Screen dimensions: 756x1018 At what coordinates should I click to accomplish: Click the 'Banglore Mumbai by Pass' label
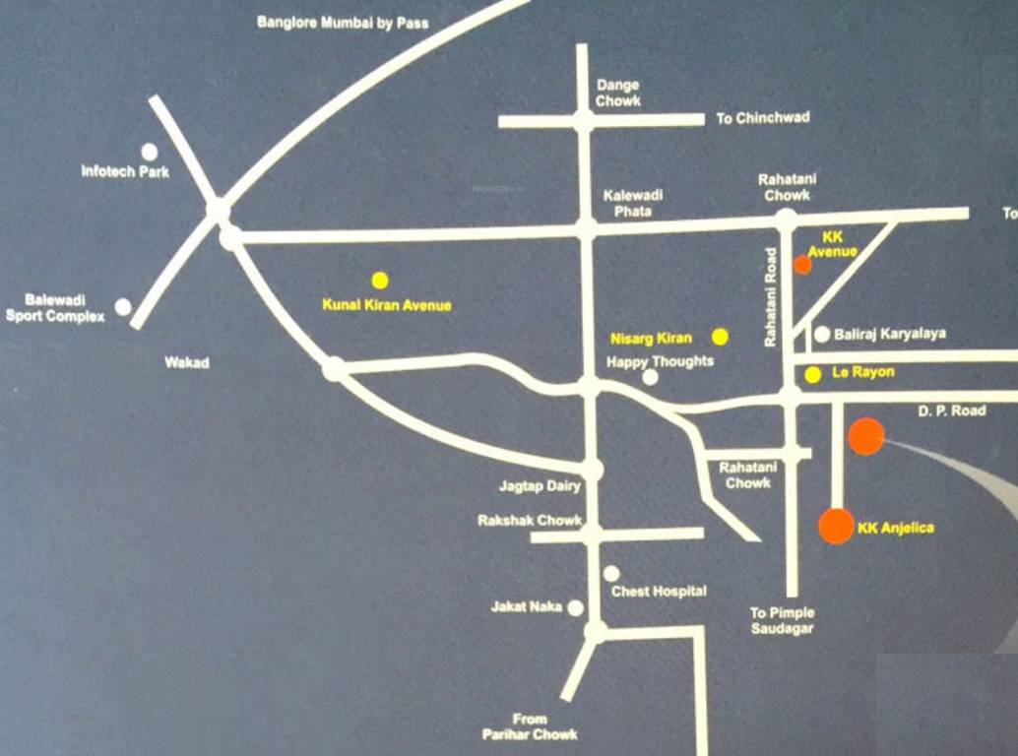click(x=343, y=22)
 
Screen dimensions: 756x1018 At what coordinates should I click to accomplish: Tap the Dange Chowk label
click(x=617, y=93)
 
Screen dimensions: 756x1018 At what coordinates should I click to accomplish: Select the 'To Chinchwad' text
click(x=762, y=117)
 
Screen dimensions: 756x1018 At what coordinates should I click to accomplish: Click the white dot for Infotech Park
click(x=149, y=152)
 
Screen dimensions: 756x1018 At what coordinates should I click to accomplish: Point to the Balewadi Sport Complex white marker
click(x=123, y=307)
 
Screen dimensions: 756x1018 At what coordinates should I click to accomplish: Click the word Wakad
click(x=187, y=362)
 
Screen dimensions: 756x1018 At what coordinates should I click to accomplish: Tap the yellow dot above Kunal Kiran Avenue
click(x=380, y=281)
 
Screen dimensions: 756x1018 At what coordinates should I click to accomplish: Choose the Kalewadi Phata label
click(x=633, y=203)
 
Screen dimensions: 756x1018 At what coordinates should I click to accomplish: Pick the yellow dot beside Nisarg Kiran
click(x=720, y=337)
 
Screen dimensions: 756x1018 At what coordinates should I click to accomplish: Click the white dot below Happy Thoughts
click(x=650, y=377)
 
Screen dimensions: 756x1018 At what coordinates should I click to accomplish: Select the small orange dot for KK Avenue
click(x=802, y=264)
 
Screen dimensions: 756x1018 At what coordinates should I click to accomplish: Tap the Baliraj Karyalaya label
click(x=889, y=334)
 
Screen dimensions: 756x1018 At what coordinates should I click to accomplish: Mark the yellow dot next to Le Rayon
click(x=812, y=374)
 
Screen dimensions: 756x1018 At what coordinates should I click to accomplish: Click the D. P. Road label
click(x=952, y=410)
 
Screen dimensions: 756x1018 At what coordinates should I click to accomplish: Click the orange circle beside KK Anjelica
click(x=836, y=526)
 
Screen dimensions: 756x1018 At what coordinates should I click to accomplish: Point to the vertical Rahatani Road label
click(x=771, y=296)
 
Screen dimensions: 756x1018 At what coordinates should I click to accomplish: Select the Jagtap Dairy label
click(x=539, y=486)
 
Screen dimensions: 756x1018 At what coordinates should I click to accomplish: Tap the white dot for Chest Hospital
click(x=611, y=573)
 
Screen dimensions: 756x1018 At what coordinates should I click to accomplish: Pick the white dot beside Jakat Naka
click(x=575, y=608)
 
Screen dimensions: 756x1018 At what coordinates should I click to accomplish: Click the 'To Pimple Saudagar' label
click(x=782, y=620)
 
